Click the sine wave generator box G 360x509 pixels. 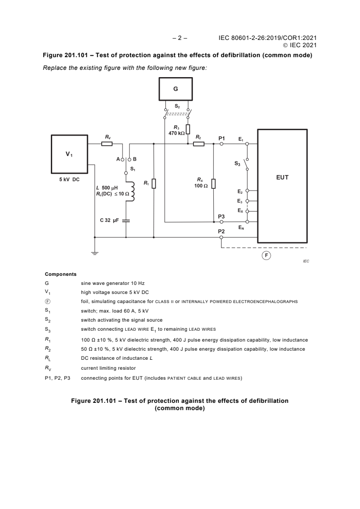tap(175, 89)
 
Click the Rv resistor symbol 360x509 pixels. tap(107, 144)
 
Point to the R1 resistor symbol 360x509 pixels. tap(154, 183)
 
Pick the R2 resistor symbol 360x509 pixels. tap(199, 144)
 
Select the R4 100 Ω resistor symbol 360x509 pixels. tap(213, 183)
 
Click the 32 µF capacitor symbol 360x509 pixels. tap(126, 220)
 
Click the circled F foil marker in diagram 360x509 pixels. tap(266, 255)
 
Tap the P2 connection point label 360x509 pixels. tap(222, 231)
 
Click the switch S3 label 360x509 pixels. tap(237, 163)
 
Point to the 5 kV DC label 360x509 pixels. tap(69, 180)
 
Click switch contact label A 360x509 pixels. tap(118, 159)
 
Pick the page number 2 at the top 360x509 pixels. tap(180, 38)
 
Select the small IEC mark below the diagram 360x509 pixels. tap(306, 262)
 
